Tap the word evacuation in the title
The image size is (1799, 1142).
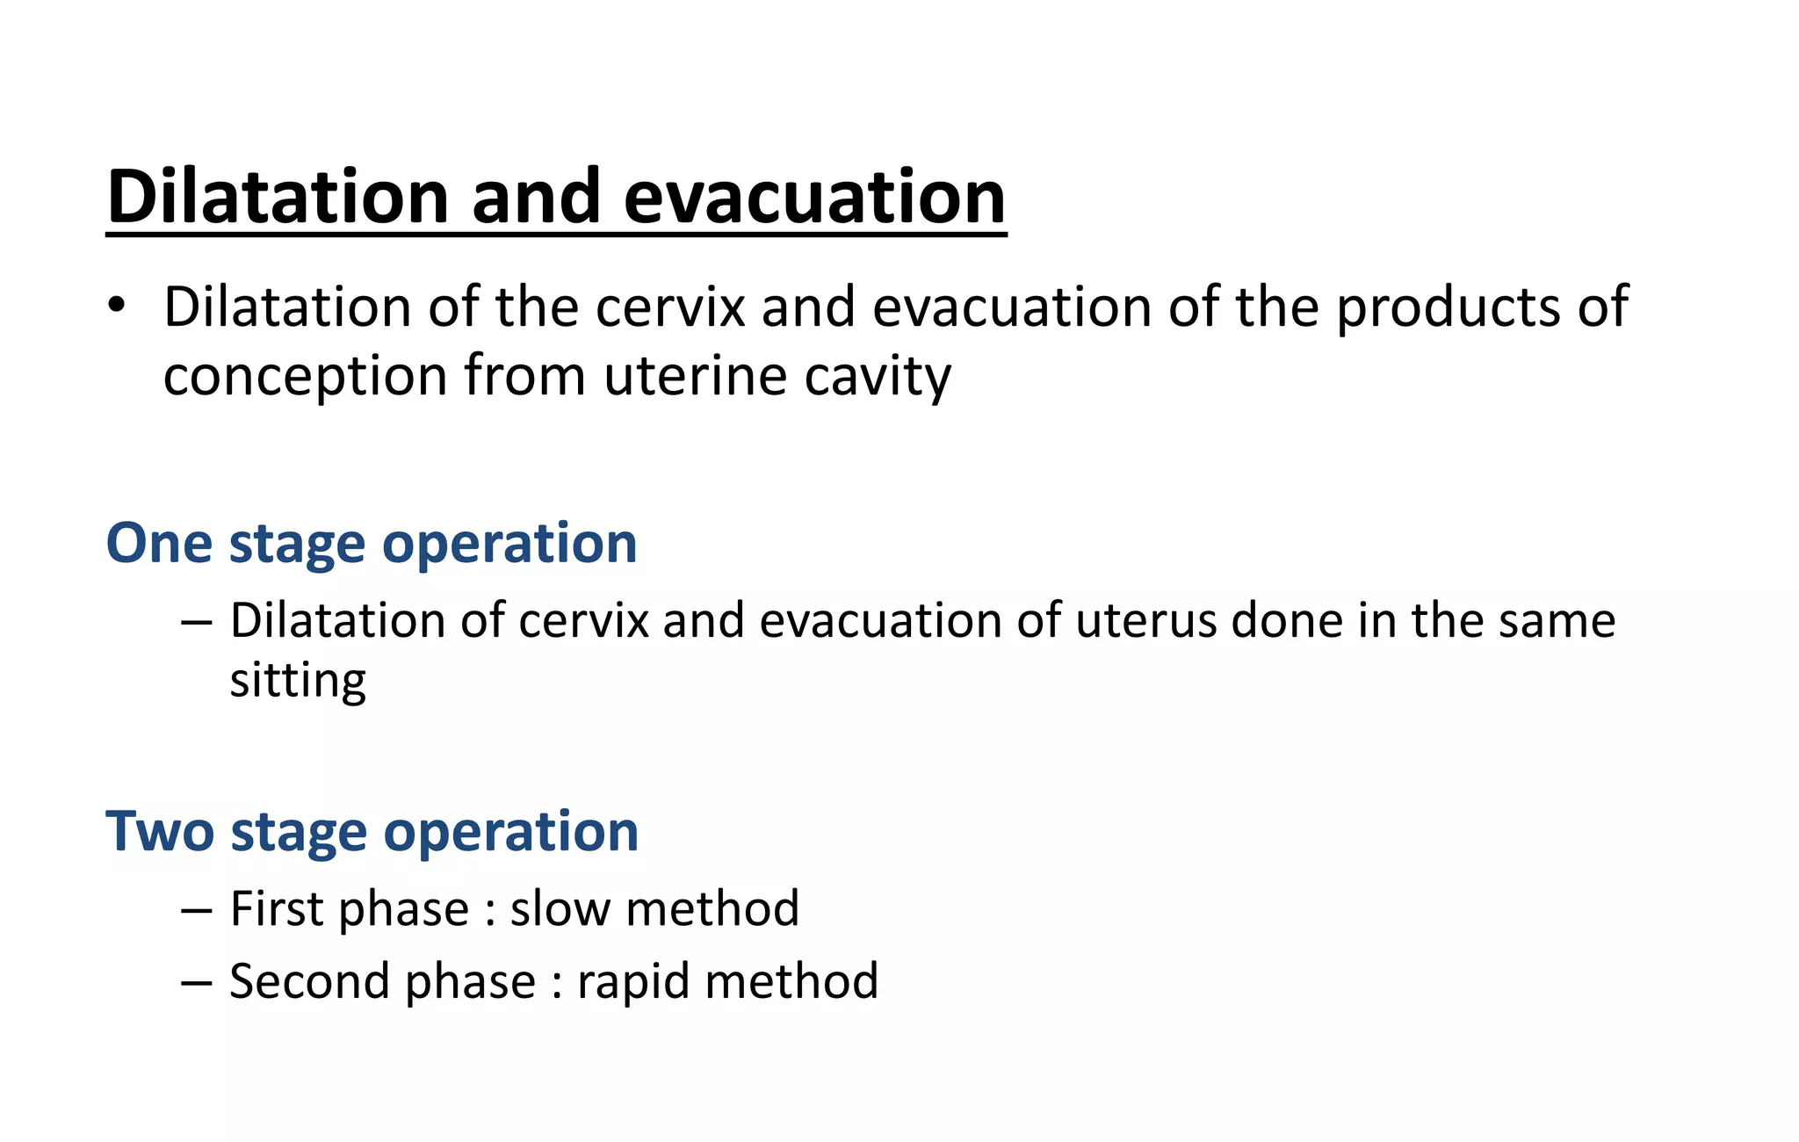coord(814,197)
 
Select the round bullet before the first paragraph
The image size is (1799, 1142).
coord(117,307)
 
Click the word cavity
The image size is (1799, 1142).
coord(878,376)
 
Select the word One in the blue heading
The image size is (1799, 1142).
coord(159,543)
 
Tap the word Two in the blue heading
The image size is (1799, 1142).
coord(159,831)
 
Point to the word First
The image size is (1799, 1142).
coord(276,908)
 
